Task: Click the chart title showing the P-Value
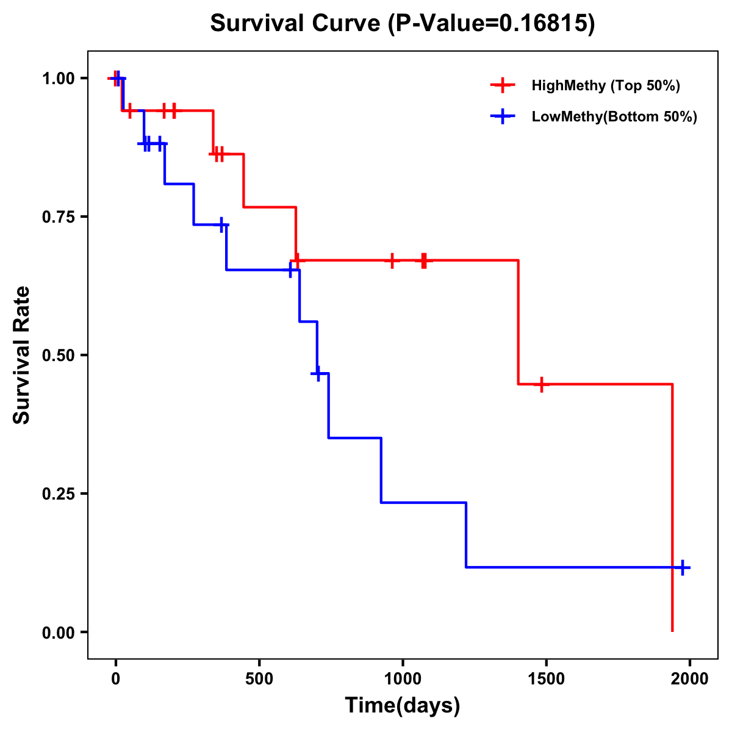point(403,23)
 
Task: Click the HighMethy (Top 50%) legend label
point(606,85)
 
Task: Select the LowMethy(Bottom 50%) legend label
point(614,117)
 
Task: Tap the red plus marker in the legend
point(502,85)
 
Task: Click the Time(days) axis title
point(403,706)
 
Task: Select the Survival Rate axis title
point(22,355)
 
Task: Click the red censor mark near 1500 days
point(541,384)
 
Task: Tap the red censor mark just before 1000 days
point(392,260)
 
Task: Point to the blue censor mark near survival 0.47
point(317,373)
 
